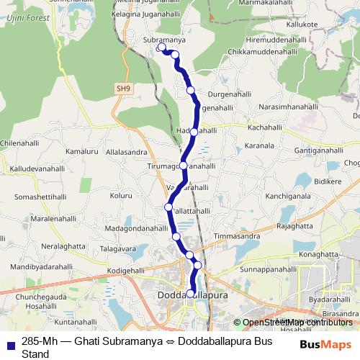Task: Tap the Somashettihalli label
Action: [40, 196]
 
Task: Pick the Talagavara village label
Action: [117, 248]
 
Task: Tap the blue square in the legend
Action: [9, 341]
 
